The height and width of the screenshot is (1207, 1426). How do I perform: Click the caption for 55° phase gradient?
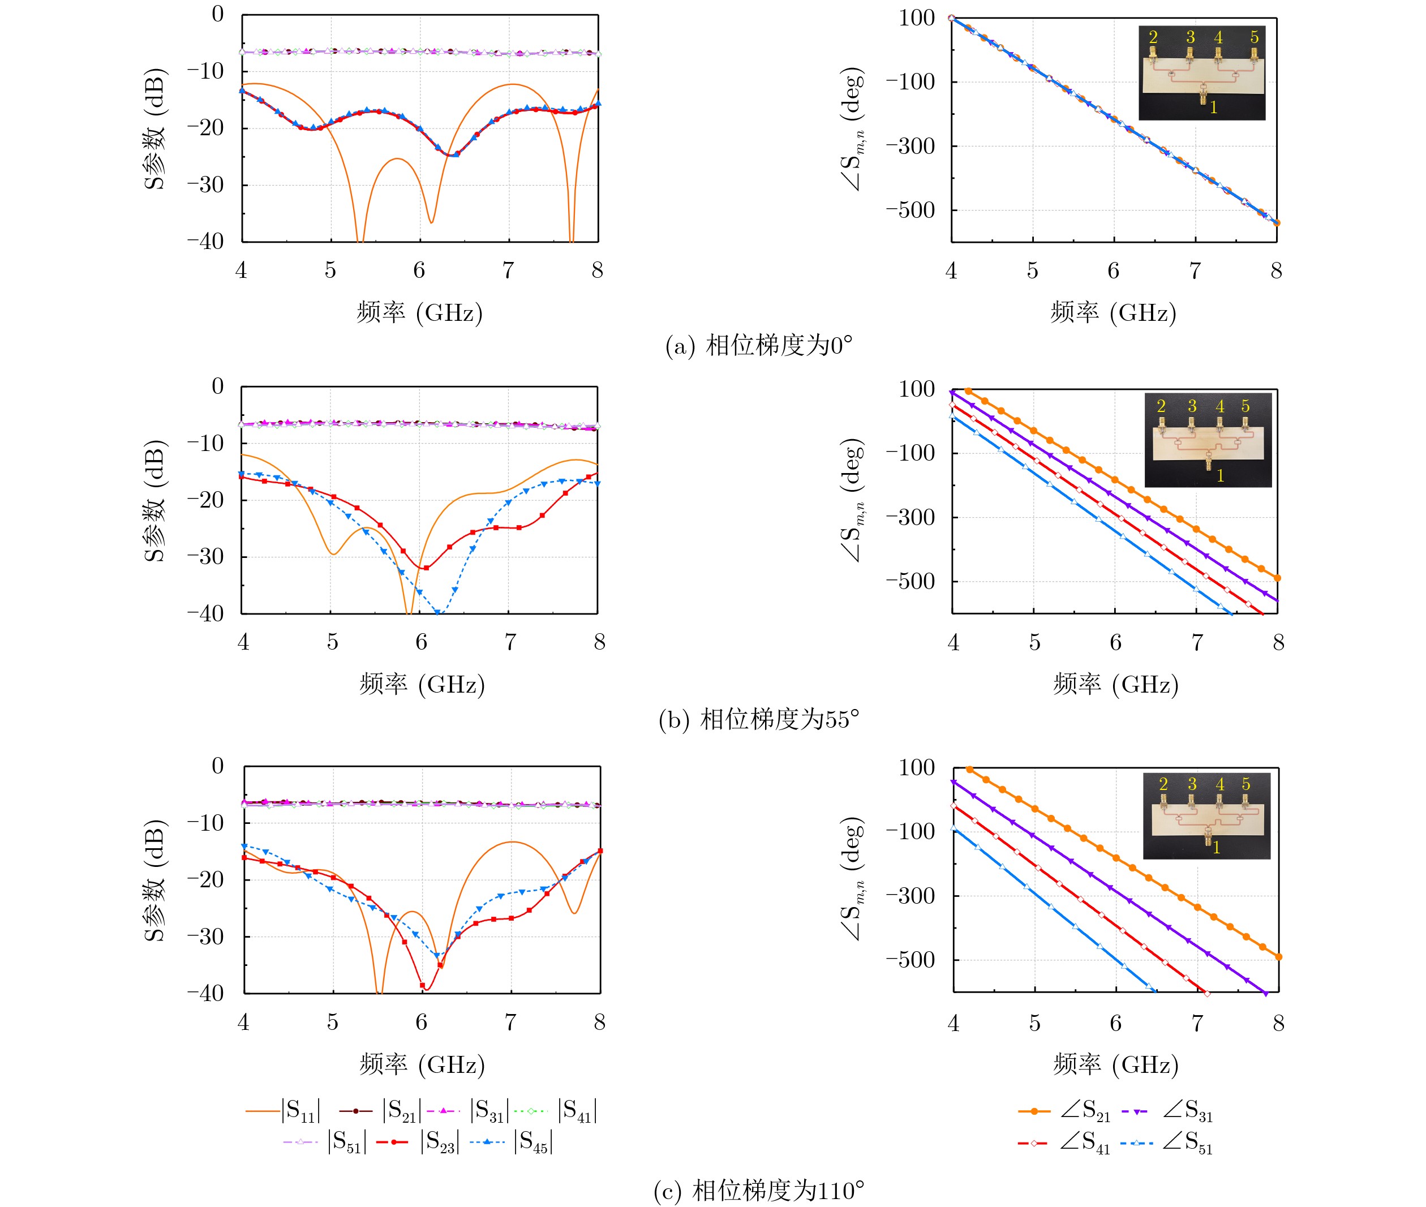click(x=758, y=720)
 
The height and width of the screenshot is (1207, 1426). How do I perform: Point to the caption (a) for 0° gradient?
click(x=758, y=346)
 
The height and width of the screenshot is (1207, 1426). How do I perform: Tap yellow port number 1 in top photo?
click(x=1213, y=108)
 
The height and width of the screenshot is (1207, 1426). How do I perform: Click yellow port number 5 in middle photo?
click(x=1245, y=406)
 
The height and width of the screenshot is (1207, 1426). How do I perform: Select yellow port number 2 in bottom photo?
click(x=1163, y=784)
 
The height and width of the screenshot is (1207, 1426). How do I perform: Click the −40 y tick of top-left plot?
click(x=205, y=242)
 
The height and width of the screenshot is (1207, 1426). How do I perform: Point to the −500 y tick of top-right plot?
click(x=910, y=210)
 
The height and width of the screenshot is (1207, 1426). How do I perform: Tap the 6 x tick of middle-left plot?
click(x=422, y=642)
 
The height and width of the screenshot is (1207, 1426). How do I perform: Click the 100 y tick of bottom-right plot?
click(x=917, y=768)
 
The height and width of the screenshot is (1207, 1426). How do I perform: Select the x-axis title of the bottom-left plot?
click(x=422, y=1064)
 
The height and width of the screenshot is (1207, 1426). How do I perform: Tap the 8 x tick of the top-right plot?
click(x=1277, y=271)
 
